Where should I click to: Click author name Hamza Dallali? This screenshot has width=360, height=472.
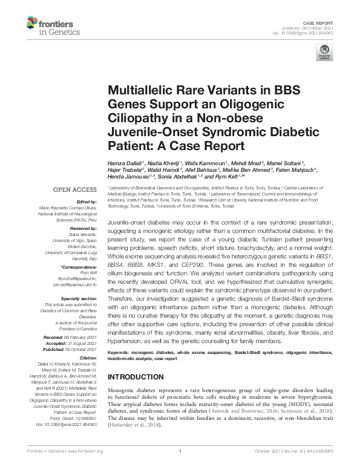coord(125,163)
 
